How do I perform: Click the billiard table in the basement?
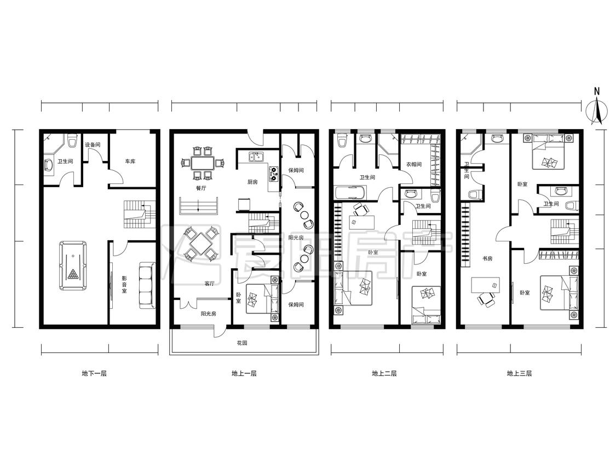[x=73, y=265]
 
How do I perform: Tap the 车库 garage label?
[x=130, y=161]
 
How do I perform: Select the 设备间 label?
[x=93, y=145]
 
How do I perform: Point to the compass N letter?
[x=597, y=91]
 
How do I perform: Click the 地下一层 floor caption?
[x=94, y=373]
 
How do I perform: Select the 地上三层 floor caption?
[x=520, y=373]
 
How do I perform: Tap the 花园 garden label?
[x=242, y=343]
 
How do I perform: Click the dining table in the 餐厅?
[x=203, y=163]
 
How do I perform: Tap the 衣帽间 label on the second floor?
[x=414, y=164]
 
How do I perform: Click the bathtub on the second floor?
[x=350, y=193]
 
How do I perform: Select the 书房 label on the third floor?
[x=487, y=258]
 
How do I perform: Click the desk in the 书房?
[x=486, y=285]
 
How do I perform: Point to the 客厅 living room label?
[x=209, y=284]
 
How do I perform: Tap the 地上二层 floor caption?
[x=384, y=373]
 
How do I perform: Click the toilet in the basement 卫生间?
[x=72, y=140]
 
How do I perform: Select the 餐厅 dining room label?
[x=201, y=188]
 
